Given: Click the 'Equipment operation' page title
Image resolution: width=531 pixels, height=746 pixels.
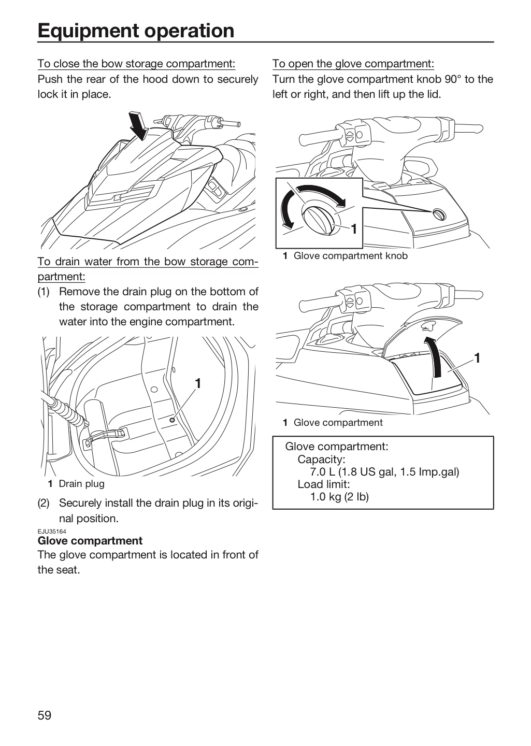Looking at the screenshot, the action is (136, 31).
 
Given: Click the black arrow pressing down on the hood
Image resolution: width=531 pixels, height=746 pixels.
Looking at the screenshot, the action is (139, 125).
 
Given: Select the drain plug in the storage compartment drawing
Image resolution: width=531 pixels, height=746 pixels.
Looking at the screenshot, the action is (172, 420).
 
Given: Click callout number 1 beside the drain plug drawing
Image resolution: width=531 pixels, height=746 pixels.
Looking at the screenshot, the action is (198, 384).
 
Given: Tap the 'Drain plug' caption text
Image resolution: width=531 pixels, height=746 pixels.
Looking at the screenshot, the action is (82, 483).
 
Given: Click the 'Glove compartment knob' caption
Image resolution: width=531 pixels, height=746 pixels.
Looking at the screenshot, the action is (350, 256).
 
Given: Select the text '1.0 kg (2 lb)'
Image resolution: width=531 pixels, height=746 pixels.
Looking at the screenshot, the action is (339, 497).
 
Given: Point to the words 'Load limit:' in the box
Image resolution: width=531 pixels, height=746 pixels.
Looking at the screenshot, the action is (324, 484).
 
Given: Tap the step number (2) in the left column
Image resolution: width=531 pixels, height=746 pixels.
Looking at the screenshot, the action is (44, 503).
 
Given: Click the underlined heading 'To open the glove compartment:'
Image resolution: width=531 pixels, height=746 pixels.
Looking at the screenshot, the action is (353, 64).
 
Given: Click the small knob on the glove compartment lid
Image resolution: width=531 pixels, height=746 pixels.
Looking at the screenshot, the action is (439, 214).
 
